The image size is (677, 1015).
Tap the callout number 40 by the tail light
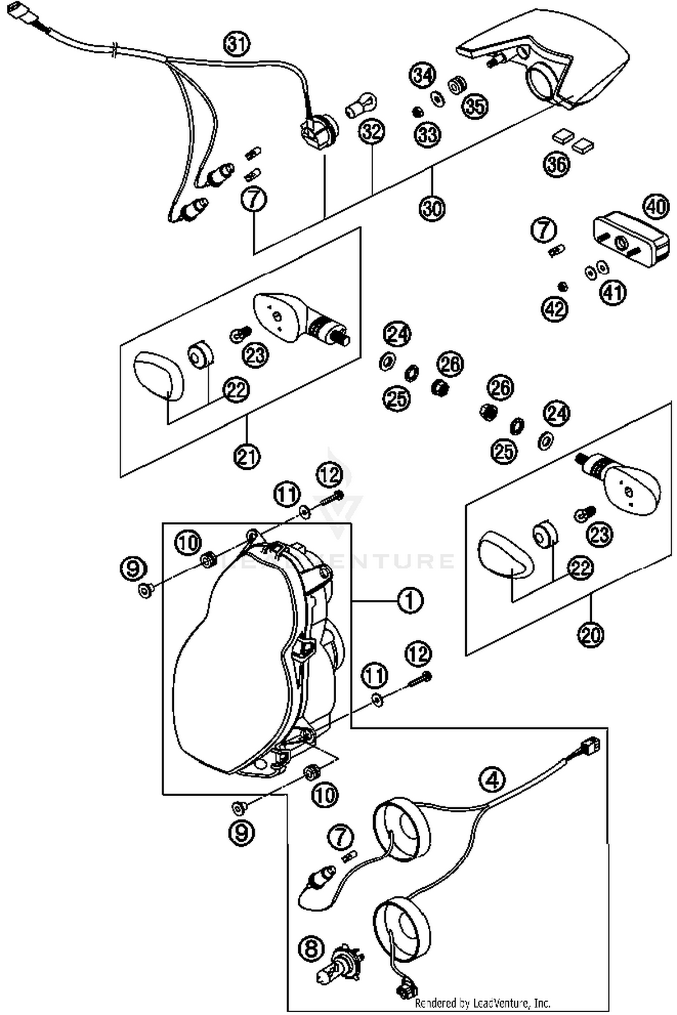click(x=656, y=207)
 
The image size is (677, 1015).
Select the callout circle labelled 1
click(x=410, y=601)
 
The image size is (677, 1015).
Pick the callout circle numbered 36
click(x=556, y=164)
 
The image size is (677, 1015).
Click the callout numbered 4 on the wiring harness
click(x=492, y=779)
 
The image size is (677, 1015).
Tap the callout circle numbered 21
click(x=247, y=457)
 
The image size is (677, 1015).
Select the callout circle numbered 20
click(x=590, y=635)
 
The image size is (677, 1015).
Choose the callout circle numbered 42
click(x=555, y=309)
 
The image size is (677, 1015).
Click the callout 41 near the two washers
click(x=613, y=292)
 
